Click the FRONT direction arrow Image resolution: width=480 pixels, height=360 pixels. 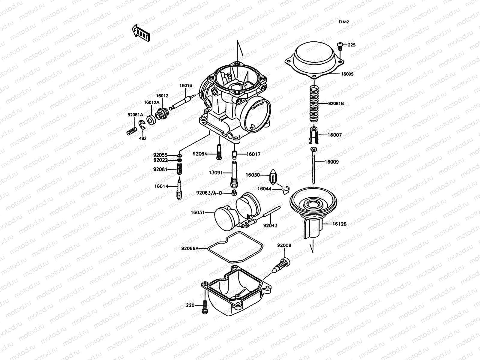click(x=140, y=33)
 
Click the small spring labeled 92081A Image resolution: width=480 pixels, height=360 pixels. click(x=131, y=131)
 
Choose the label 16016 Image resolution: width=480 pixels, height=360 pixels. click(x=185, y=85)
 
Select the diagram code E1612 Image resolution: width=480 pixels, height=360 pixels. click(x=344, y=22)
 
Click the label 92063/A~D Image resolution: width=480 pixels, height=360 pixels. click(x=209, y=193)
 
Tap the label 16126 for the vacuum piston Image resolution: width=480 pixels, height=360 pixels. click(x=339, y=224)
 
